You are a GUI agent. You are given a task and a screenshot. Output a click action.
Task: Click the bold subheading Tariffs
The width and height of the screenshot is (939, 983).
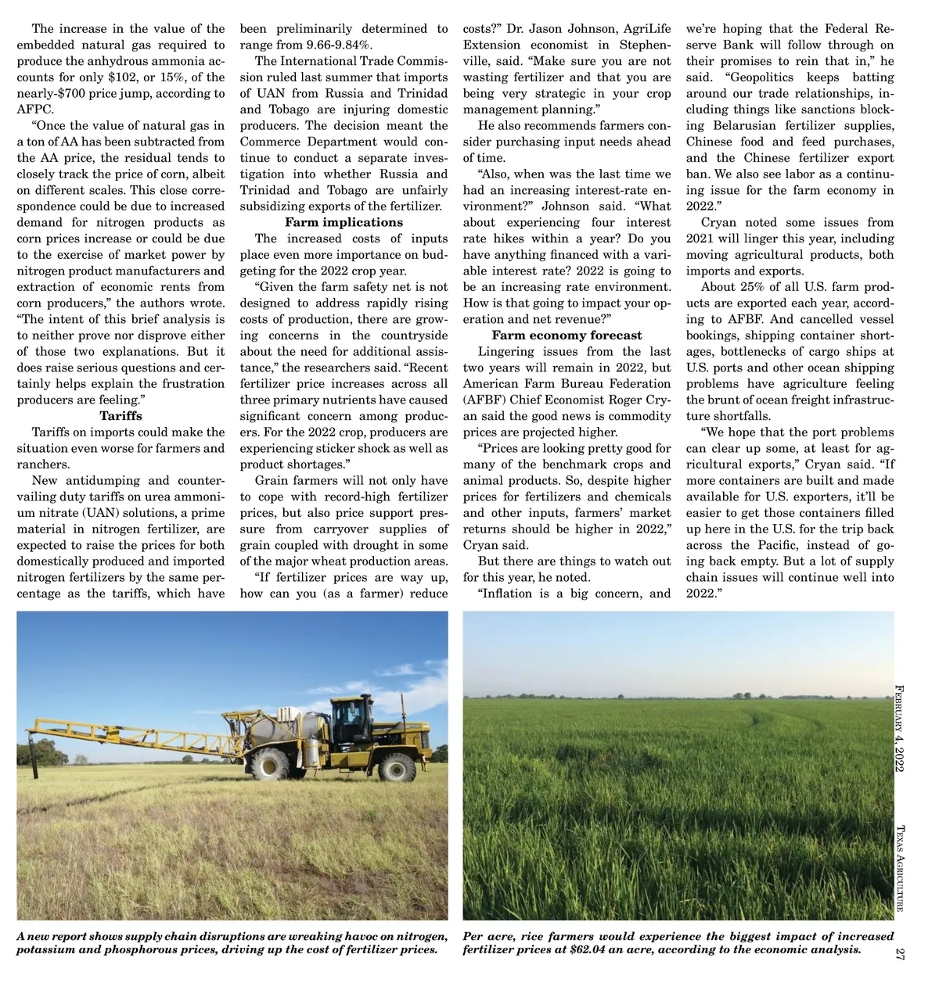coord(121,416)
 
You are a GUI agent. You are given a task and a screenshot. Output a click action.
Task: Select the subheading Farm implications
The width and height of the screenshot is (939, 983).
coord(344,223)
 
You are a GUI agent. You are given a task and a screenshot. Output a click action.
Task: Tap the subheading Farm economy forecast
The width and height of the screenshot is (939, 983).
coord(567,335)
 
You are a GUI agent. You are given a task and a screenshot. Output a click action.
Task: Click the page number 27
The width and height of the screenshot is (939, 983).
coord(899,953)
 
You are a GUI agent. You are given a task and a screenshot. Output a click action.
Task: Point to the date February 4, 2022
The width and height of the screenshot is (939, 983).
coord(899,728)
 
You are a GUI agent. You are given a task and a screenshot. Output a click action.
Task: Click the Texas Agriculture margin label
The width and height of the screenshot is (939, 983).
coord(899,868)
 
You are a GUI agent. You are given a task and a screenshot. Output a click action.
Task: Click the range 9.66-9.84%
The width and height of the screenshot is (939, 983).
coord(328,45)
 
